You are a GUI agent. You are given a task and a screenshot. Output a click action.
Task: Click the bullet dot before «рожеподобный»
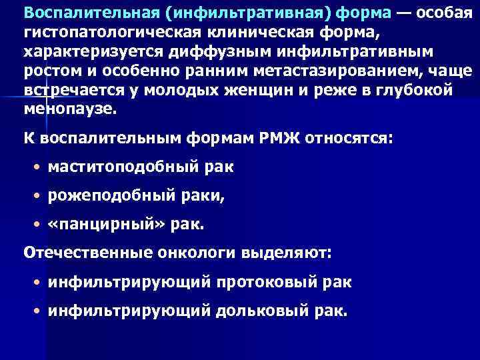[39, 196]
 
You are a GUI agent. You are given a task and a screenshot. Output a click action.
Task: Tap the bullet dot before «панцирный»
[39, 225]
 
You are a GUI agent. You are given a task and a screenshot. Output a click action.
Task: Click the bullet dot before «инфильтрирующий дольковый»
[39, 312]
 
